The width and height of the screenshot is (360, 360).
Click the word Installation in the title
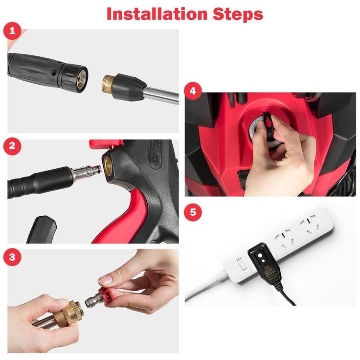click(157, 14)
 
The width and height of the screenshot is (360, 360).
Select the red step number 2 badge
click(12, 146)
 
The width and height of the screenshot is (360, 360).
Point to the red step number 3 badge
click(12, 257)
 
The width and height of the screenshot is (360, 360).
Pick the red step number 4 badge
click(193, 91)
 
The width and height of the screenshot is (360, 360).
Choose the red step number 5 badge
click(193, 212)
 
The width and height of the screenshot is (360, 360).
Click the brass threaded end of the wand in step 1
click(109, 86)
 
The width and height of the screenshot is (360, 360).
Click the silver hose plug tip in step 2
click(87, 172)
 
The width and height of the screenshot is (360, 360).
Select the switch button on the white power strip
click(242, 264)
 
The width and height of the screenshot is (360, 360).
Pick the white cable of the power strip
click(206, 286)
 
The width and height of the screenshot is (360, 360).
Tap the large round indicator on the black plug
click(260, 255)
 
